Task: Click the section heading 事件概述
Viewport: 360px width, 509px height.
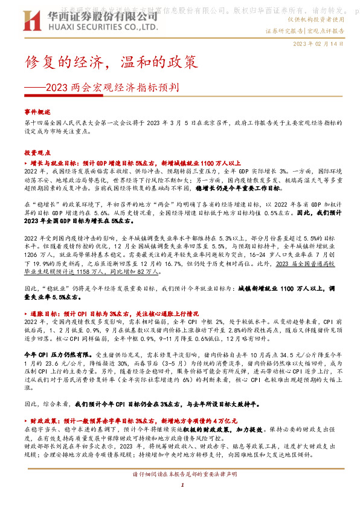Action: click(x=39, y=112)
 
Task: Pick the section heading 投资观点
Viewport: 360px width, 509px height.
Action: click(x=39, y=152)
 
